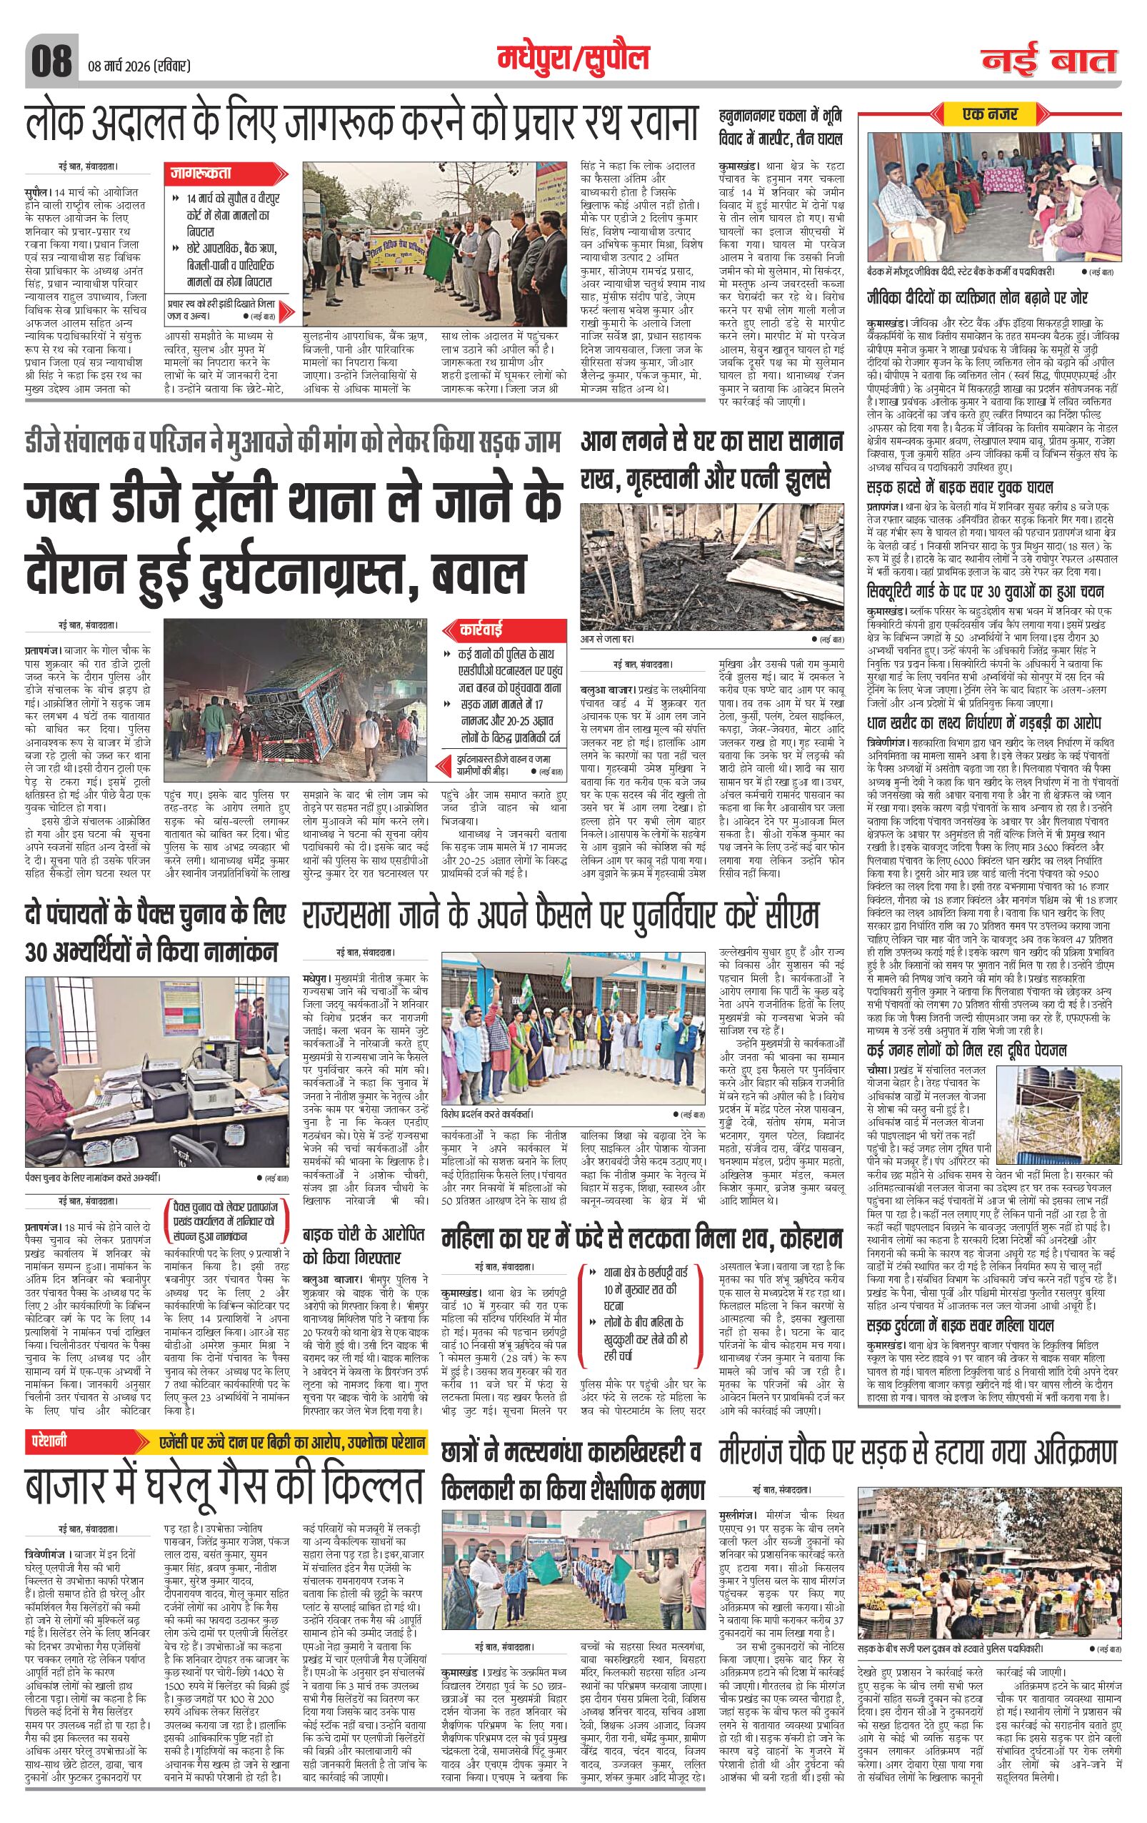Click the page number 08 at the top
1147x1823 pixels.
click(x=51, y=59)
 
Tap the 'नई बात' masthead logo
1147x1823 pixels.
click(x=1049, y=60)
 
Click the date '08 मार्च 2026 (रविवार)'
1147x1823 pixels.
click(x=139, y=66)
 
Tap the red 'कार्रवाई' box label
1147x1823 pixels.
click(x=481, y=629)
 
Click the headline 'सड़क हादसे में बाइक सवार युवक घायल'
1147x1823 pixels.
click(x=959, y=487)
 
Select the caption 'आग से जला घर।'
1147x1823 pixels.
click(x=608, y=638)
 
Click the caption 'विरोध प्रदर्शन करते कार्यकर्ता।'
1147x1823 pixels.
click(x=488, y=1113)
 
